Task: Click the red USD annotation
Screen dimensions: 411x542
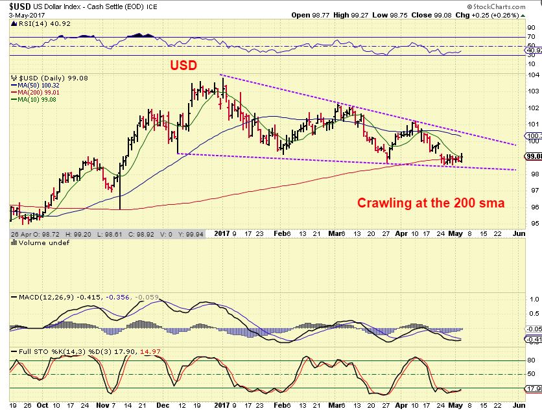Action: tap(185, 65)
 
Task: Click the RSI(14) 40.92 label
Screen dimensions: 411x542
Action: tap(34, 23)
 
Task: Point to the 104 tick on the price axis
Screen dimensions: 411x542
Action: tap(532, 75)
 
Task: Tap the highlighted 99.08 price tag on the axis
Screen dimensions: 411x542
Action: tap(534, 156)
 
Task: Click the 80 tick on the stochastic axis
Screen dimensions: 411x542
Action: tap(530, 360)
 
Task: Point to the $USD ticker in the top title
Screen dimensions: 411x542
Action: tap(14, 5)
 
